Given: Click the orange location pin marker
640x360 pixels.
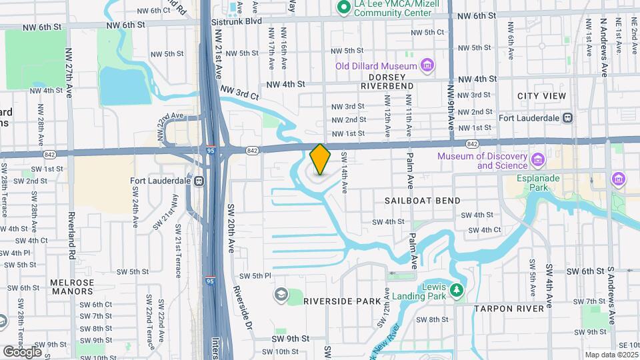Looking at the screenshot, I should pos(320,159).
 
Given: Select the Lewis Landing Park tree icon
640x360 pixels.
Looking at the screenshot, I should pos(456,290).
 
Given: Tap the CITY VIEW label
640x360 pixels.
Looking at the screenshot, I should pos(541,96).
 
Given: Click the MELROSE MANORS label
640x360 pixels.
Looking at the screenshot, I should pos(72,287).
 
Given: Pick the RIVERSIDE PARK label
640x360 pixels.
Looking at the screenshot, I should pos(341,301).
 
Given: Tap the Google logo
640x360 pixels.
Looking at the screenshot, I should pos(22,351).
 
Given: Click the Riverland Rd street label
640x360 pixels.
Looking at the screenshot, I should pos(71,237).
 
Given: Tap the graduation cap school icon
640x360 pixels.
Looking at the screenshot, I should pos(281,294).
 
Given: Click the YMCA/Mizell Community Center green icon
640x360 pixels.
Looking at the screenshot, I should pos(344,7).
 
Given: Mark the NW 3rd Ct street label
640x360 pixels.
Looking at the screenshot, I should pos(240,95).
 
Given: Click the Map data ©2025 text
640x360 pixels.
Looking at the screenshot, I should pos(611,355).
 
